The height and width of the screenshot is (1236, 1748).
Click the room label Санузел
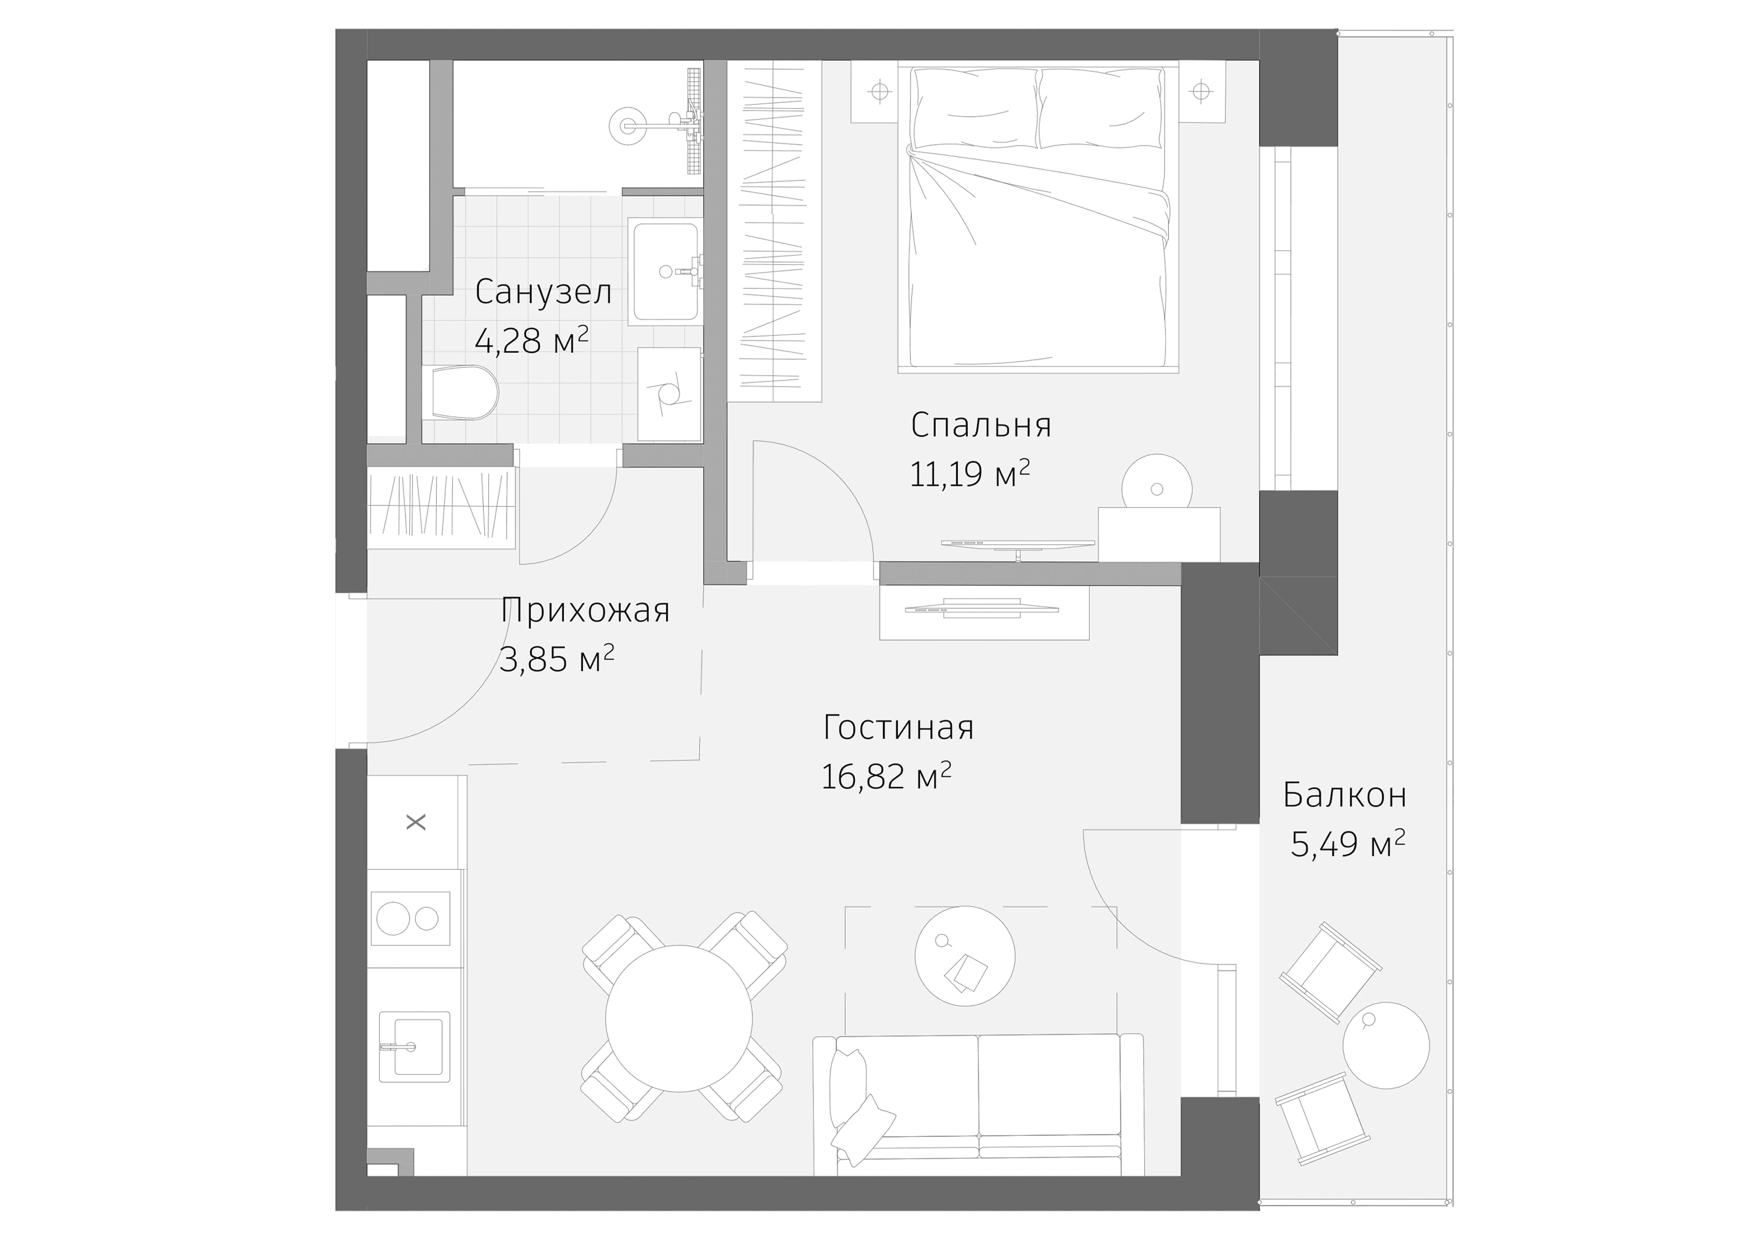pos(543,292)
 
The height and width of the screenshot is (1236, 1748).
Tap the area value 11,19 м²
pos(969,474)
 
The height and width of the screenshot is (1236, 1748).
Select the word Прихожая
pos(584,610)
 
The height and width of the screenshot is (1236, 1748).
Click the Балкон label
pos(1344,795)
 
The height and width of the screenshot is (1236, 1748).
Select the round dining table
pos(678,1018)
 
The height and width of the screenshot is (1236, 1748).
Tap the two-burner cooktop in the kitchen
pos(410,919)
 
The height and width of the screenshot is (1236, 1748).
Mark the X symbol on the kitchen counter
pos(416,822)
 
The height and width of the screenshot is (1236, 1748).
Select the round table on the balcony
pos(1386,1045)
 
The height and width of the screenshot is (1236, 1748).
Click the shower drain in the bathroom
pos(629,124)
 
